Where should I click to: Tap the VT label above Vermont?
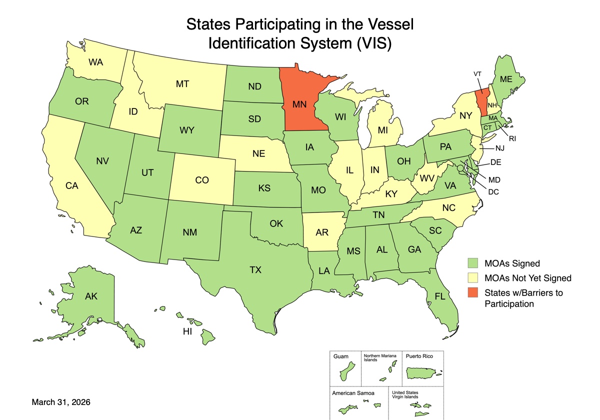point(477,73)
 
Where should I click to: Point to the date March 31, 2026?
point(61,402)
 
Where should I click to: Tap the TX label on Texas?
point(255,270)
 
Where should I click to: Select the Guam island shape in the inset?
point(345,373)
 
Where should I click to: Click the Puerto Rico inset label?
point(419,356)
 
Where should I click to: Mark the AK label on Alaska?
point(91,296)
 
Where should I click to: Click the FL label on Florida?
point(439,296)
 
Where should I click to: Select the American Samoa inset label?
point(353,392)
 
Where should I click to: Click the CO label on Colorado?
point(202,180)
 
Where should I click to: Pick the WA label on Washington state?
point(95,62)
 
